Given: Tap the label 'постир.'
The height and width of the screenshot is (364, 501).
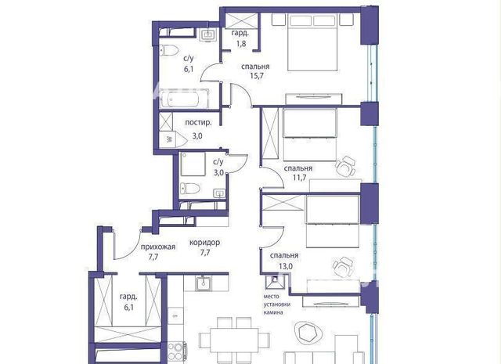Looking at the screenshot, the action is click(198, 123).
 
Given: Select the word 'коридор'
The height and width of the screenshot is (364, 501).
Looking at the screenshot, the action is click(204, 243).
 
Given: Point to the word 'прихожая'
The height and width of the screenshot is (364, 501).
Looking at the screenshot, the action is click(158, 247).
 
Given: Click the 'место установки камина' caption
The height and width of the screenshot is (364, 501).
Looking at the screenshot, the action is click(276, 305).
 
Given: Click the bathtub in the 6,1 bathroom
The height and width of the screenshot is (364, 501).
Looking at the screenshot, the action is click(184, 99).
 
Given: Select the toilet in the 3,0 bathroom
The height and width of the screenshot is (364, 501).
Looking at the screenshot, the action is click(189, 189).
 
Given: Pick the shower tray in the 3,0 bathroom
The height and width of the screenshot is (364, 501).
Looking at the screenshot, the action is click(193, 164).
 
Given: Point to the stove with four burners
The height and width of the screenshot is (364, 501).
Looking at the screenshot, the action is click(177, 351).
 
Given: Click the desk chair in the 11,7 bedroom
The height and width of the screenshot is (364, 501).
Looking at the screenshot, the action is click(345, 165).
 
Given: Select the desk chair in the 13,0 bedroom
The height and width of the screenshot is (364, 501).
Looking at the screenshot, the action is click(344, 267).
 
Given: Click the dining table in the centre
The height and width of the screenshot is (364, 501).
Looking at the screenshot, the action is click(234, 340).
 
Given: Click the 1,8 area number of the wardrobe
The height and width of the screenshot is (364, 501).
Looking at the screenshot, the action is click(241, 43).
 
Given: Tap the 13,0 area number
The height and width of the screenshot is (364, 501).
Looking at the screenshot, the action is click(286, 266).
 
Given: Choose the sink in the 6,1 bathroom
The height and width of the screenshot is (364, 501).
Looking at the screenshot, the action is click(209, 34).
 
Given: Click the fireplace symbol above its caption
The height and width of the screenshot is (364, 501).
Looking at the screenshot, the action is click(274, 282).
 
